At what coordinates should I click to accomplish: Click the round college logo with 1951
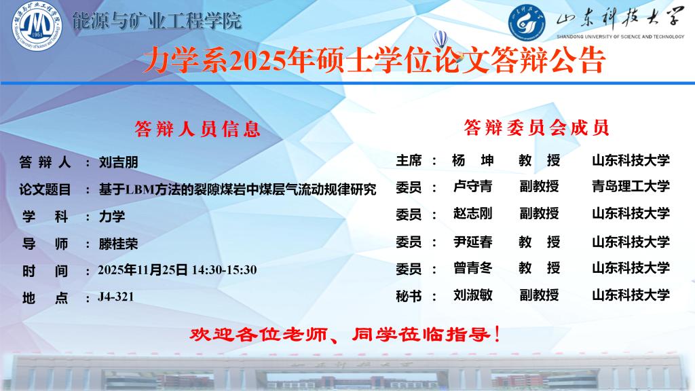click(37, 25)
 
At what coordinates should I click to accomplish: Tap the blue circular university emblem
click(527, 22)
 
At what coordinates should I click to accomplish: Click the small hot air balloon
click(440, 39)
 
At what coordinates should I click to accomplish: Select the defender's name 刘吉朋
click(118, 162)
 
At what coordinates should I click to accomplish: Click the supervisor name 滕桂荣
click(118, 244)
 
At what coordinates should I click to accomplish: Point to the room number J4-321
click(115, 297)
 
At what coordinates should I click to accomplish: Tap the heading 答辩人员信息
click(198, 129)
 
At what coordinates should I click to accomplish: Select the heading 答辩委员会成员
click(536, 128)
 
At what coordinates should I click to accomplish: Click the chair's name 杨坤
click(473, 160)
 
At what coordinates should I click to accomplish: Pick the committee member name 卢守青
click(473, 186)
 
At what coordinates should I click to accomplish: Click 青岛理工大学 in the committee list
click(631, 186)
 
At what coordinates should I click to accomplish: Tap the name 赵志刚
click(473, 214)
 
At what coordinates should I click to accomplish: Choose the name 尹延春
click(473, 242)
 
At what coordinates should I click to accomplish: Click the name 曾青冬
click(473, 267)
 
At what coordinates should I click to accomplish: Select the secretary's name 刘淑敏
click(473, 295)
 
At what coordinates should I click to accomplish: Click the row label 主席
click(409, 160)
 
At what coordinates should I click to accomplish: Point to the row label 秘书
click(409, 296)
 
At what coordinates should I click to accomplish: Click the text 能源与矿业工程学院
click(157, 21)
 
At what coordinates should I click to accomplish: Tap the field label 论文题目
click(45, 190)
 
